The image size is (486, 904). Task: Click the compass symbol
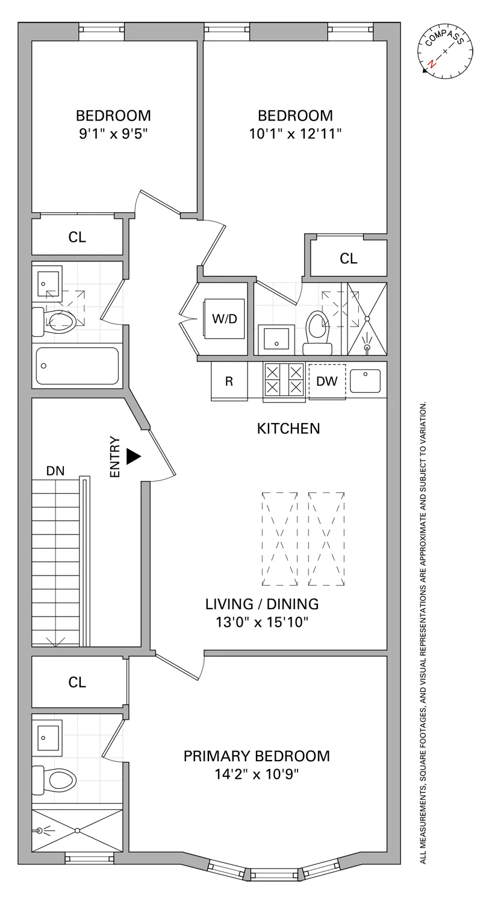[445, 52]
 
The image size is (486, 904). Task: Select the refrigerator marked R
[229, 381]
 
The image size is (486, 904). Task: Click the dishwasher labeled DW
[327, 381]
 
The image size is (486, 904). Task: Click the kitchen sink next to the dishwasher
[365, 380]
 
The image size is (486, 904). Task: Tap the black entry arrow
[133, 456]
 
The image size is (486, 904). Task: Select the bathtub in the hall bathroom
[77, 366]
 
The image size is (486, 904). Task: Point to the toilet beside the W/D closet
[317, 331]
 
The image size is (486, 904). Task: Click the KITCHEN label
[288, 428]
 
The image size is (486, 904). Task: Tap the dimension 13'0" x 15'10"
[262, 622]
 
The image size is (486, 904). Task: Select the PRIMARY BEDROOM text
[257, 756]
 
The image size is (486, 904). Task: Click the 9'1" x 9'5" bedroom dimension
[113, 133]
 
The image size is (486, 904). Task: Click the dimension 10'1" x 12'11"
[295, 133]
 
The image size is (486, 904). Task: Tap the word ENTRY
[115, 457]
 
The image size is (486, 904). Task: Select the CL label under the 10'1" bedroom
[348, 259]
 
